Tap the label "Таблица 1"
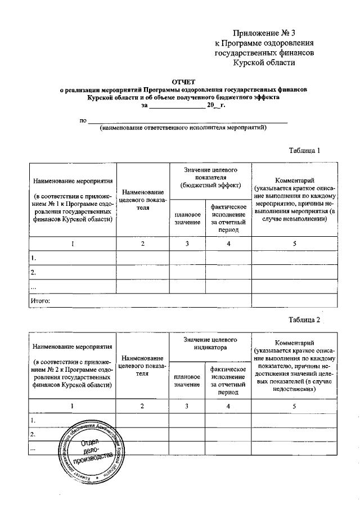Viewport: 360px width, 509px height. click(304, 151)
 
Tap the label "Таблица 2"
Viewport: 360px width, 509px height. click(304, 319)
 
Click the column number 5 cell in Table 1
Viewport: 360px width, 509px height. click(294, 244)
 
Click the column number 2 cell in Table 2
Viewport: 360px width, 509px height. click(142, 406)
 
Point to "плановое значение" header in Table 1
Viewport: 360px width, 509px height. click(187, 219)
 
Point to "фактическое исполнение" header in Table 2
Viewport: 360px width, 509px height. click(227, 380)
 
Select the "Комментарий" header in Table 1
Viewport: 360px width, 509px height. click(294, 178)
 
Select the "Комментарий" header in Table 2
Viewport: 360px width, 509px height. click(294, 343)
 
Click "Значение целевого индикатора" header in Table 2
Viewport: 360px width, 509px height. click(210, 344)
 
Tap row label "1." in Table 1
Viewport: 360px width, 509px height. click(34, 258)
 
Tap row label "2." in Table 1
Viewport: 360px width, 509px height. click(34, 273)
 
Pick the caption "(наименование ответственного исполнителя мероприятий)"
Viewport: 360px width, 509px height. click(183, 128)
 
